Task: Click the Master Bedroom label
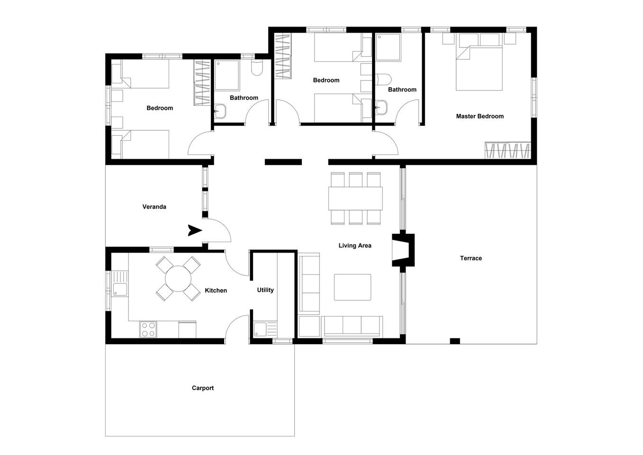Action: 480,116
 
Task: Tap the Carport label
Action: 203,388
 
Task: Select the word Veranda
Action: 154,207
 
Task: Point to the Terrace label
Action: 471,258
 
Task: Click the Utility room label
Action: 265,290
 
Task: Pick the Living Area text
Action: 355,246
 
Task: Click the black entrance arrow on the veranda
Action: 195,230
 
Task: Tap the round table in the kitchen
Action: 178,279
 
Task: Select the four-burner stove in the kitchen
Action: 148,329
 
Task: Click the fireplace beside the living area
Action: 403,250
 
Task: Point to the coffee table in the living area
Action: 352,287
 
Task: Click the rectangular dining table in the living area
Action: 355,199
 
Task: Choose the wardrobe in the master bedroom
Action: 507,150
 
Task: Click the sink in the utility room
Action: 260,329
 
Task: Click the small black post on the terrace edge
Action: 455,341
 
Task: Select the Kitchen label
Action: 216,291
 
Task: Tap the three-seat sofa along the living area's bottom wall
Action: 352,326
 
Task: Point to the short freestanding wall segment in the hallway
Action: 283,162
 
